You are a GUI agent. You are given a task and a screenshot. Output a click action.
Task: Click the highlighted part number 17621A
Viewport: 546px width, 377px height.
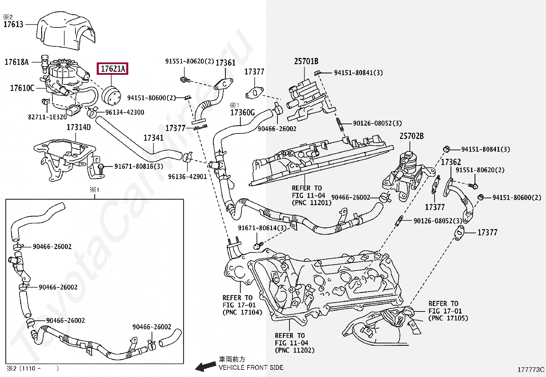point(112,69)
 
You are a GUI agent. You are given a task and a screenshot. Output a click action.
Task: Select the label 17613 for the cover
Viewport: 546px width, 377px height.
point(13,24)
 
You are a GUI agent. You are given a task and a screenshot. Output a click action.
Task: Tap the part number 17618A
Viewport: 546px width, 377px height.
point(16,62)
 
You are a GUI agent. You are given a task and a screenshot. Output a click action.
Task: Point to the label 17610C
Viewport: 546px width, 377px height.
point(22,88)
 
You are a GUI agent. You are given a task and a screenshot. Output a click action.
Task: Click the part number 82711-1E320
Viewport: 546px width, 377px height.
point(47,117)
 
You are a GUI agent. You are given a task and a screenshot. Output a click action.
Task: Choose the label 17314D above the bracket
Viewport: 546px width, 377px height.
point(79,127)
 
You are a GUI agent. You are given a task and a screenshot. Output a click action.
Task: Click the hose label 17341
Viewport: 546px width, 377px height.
point(153,138)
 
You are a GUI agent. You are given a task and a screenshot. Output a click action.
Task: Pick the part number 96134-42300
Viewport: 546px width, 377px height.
point(124,112)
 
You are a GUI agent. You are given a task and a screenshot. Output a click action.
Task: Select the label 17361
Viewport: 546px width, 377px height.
point(225,63)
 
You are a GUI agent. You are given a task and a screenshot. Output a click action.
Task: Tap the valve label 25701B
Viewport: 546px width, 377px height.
point(306,61)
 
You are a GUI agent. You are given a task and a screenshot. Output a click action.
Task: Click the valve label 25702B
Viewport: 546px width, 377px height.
point(412,136)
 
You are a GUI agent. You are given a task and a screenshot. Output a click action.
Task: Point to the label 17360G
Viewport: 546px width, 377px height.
point(242,113)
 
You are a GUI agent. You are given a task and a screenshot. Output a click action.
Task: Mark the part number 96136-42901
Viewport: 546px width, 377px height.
point(188,177)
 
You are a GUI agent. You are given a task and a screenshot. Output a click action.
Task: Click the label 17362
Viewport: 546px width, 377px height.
point(451,162)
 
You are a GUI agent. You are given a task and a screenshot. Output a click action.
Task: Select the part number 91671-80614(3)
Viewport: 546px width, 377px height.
point(262,228)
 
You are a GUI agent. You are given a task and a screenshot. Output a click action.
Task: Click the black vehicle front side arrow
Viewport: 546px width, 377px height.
point(206,366)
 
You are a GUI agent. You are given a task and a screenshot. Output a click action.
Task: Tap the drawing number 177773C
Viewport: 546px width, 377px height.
point(531,370)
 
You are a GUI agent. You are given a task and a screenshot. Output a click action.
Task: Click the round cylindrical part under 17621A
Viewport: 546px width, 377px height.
point(111,96)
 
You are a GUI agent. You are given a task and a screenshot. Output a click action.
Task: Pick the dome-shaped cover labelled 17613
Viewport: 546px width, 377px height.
point(66,31)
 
